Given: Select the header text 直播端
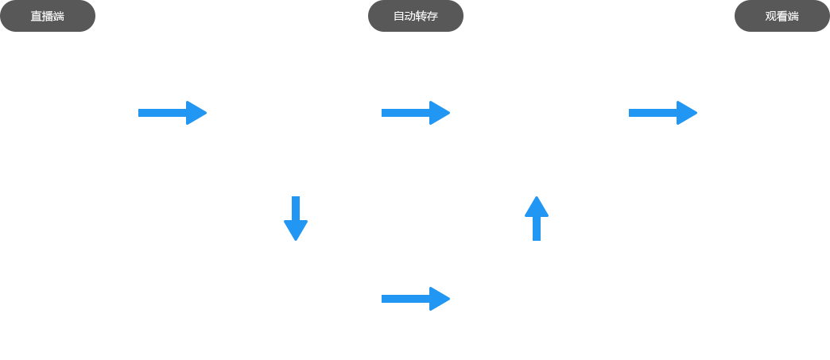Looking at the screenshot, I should point(47,16).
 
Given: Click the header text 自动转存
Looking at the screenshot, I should point(416,16).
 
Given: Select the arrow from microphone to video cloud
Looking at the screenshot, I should point(173,112).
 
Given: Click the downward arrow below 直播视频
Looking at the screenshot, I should point(296,219).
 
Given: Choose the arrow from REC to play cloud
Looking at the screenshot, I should point(416,299).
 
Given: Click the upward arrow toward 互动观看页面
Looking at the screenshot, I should point(537,218).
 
